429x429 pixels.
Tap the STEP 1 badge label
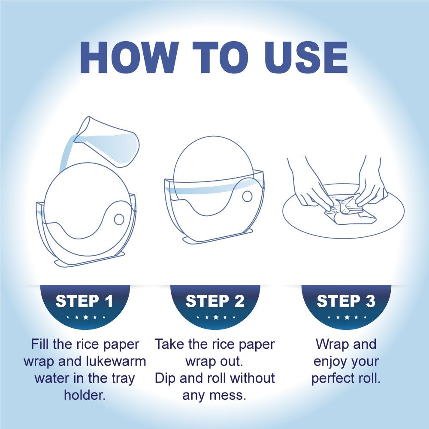(x=84, y=301)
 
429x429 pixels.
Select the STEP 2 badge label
(x=215, y=301)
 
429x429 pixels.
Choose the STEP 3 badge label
(x=346, y=301)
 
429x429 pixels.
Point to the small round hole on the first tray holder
(x=119, y=219)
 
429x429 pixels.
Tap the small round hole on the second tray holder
(x=248, y=196)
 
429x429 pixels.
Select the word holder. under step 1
(x=85, y=395)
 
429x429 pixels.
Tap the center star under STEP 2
(x=216, y=317)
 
